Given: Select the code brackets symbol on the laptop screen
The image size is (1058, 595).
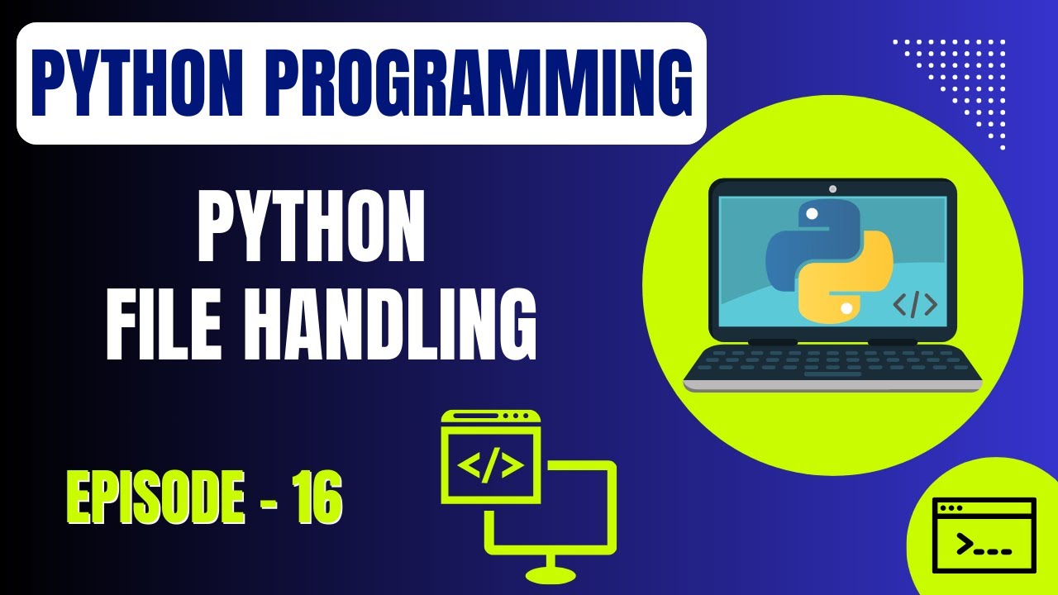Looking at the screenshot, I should (915, 305).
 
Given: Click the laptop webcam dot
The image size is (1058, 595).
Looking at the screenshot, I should (832, 189).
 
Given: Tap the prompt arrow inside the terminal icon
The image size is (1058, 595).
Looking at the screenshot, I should (964, 544).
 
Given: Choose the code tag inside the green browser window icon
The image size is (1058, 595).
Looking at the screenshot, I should (491, 466).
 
